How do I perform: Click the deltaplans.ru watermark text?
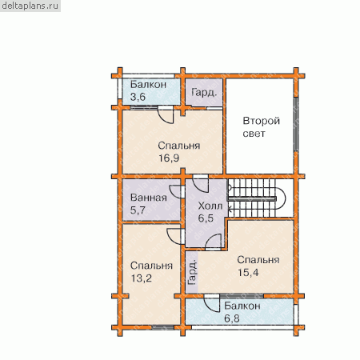pyautogui.click(x=30, y=6)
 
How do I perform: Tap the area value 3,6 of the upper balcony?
pyautogui.click(x=138, y=97)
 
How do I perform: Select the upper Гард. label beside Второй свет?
pyautogui.click(x=204, y=93)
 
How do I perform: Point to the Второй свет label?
pyautogui.click(x=262, y=127)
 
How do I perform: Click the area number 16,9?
pyautogui.click(x=169, y=158)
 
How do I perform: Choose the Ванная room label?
pyautogui.click(x=149, y=198)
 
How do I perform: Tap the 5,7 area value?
pyautogui.click(x=138, y=210)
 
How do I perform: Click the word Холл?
pyautogui.click(x=210, y=206)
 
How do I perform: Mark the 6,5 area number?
pyautogui.click(x=206, y=218)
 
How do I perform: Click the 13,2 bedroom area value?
pyautogui.click(x=142, y=278)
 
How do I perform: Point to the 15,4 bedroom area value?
pyautogui.click(x=248, y=273)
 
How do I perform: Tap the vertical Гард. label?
pyautogui.click(x=192, y=272)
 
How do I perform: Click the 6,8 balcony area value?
pyautogui.click(x=232, y=318)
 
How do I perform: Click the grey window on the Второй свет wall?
pyautogui.click(x=296, y=125)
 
